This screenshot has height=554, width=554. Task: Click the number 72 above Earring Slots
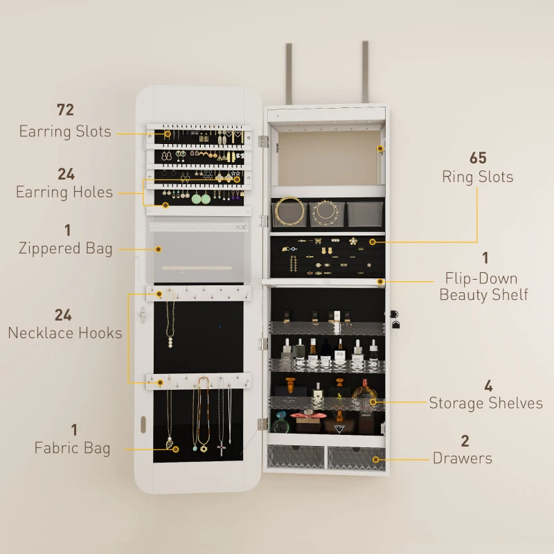(x=65, y=110)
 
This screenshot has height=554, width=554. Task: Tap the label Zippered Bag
(x=66, y=248)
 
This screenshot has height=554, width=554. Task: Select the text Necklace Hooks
(x=65, y=333)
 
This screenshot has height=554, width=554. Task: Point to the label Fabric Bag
(x=73, y=448)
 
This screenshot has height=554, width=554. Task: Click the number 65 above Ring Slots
(x=478, y=158)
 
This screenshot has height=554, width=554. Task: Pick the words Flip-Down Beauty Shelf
(x=483, y=286)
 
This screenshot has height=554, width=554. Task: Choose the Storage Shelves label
(x=486, y=403)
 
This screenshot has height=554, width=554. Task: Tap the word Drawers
(x=463, y=458)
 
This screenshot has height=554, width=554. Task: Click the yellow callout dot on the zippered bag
(x=159, y=249)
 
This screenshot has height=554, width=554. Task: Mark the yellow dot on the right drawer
(x=376, y=459)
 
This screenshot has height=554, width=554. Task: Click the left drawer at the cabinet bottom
(x=296, y=456)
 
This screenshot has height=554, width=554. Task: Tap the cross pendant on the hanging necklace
(x=222, y=449)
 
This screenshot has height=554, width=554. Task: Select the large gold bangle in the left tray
(x=289, y=211)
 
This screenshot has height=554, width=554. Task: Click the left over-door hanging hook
(x=289, y=74)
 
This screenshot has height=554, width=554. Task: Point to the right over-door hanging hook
(x=366, y=73)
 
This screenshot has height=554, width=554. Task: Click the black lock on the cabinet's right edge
(x=395, y=319)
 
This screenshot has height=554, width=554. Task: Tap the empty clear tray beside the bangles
(x=365, y=214)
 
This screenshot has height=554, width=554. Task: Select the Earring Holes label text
(x=64, y=193)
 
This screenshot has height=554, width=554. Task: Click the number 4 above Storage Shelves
(x=488, y=386)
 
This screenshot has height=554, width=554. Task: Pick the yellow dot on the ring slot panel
(x=373, y=242)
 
